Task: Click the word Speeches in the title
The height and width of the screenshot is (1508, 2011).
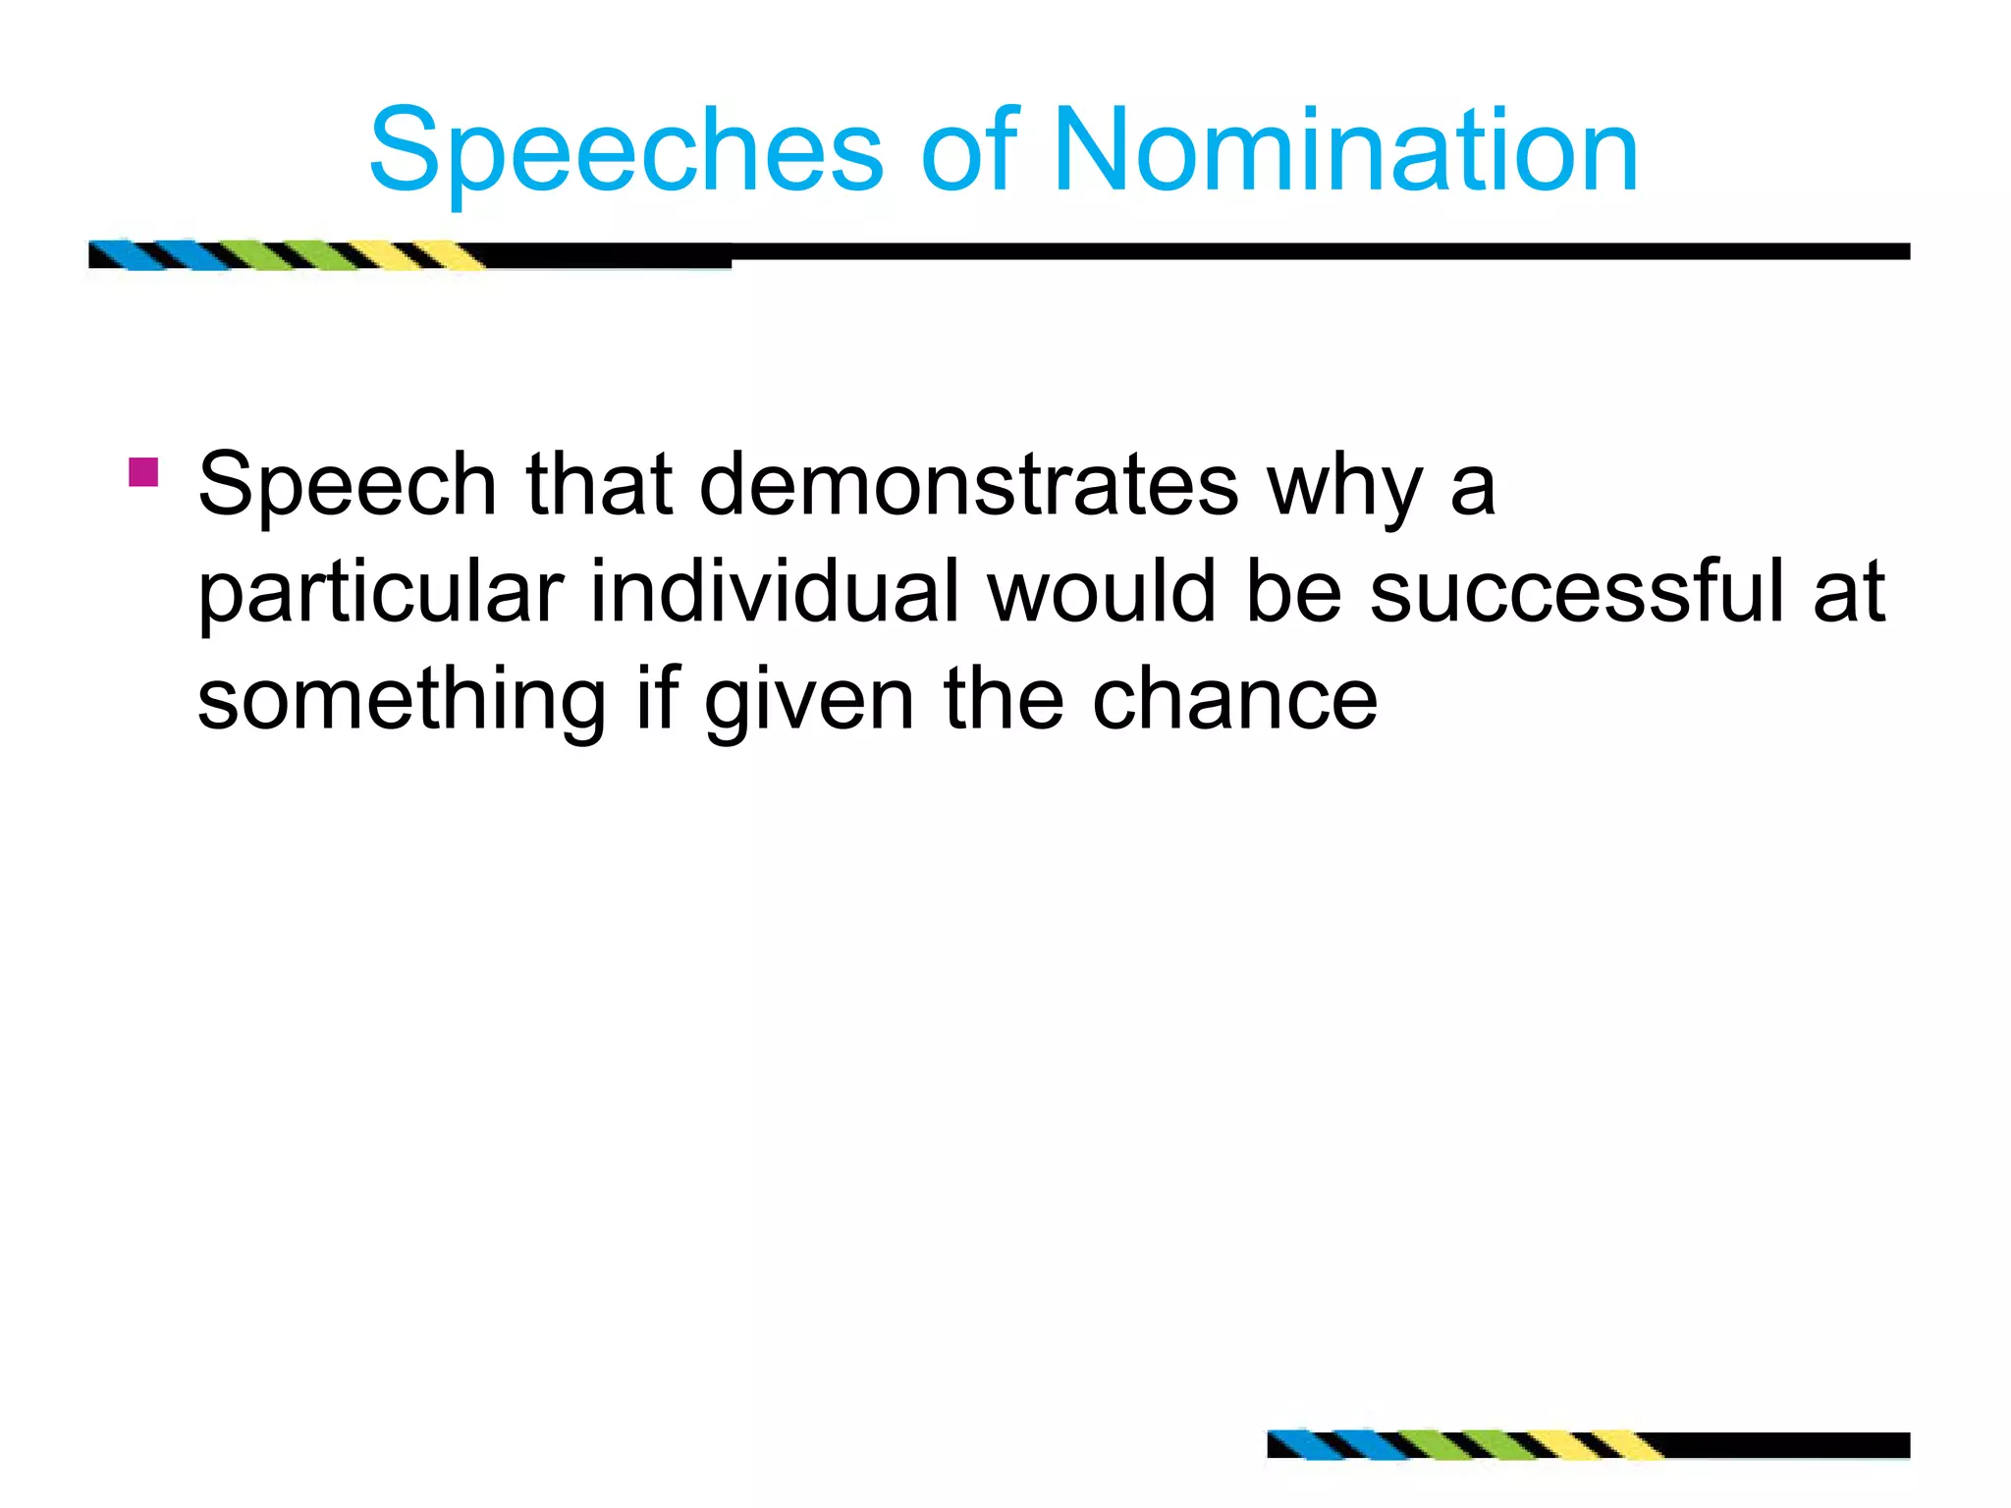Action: pyautogui.click(x=626, y=152)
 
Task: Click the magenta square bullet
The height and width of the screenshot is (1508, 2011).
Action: pyautogui.click(x=143, y=472)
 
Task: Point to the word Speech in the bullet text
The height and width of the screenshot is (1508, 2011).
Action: pyautogui.click(x=347, y=485)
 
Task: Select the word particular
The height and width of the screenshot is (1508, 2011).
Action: pyautogui.click(x=380, y=593)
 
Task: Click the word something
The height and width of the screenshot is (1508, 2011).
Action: pyautogui.click(x=402, y=701)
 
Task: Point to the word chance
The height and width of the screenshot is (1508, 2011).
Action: pyautogui.click(x=1234, y=699)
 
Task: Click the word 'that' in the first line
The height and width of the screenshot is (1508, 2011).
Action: pyautogui.click(x=599, y=485)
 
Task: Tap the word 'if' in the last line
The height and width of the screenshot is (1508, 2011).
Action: pyautogui.click(x=658, y=699)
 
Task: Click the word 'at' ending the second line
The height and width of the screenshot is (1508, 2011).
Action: pyautogui.click(x=1848, y=593)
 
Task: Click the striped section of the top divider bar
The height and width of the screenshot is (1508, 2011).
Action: pyautogui.click(x=285, y=254)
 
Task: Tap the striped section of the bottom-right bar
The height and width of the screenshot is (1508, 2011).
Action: pyautogui.click(x=1463, y=1445)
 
